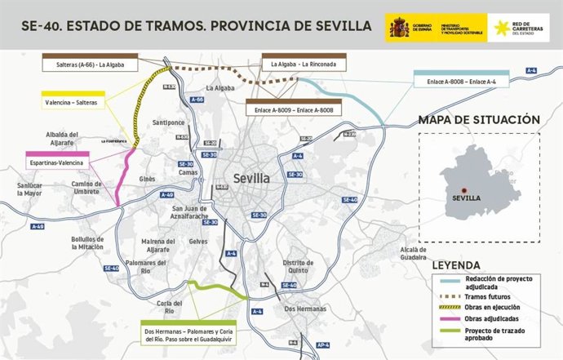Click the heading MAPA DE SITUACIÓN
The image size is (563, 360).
(x=478, y=120)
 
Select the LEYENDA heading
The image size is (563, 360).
(x=461, y=266)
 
